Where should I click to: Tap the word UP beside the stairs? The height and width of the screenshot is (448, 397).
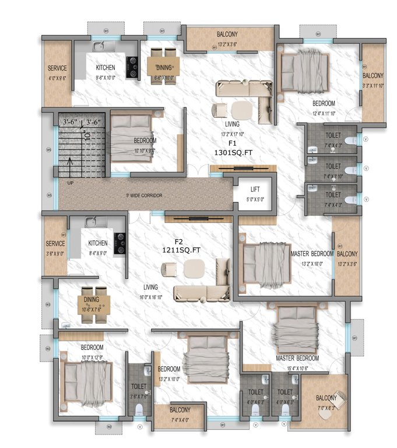[x=71, y=183]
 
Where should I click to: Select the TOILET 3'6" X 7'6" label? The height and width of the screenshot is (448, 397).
[x=139, y=390]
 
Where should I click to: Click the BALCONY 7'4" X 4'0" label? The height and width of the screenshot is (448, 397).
[x=180, y=413]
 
